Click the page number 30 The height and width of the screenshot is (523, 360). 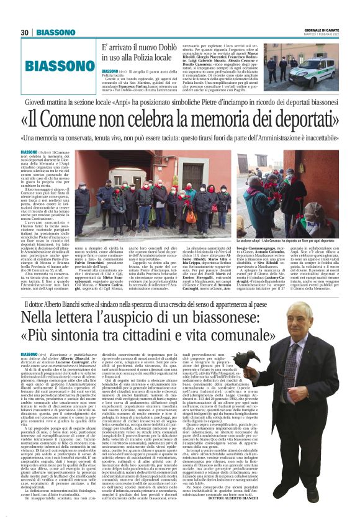[x=25, y=32]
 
